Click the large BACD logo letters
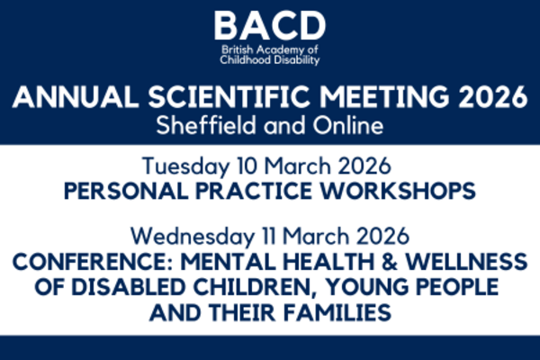(x=270, y=26)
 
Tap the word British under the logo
(x=238, y=50)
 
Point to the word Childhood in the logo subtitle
(x=245, y=60)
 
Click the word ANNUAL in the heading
(x=75, y=97)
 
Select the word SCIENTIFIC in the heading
(x=229, y=97)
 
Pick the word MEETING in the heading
(x=384, y=97)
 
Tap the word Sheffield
(x=206, y=125)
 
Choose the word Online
(x=347, y=125)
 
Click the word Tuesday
(x=185, y=166)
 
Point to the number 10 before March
(x=247, y=166)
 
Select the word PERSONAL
(x=126, y=191)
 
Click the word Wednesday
(x=193, y=237)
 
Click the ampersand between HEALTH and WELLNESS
(x=390, y=262)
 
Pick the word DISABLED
(x=129, y=287)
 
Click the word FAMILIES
(x=335, y=313)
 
